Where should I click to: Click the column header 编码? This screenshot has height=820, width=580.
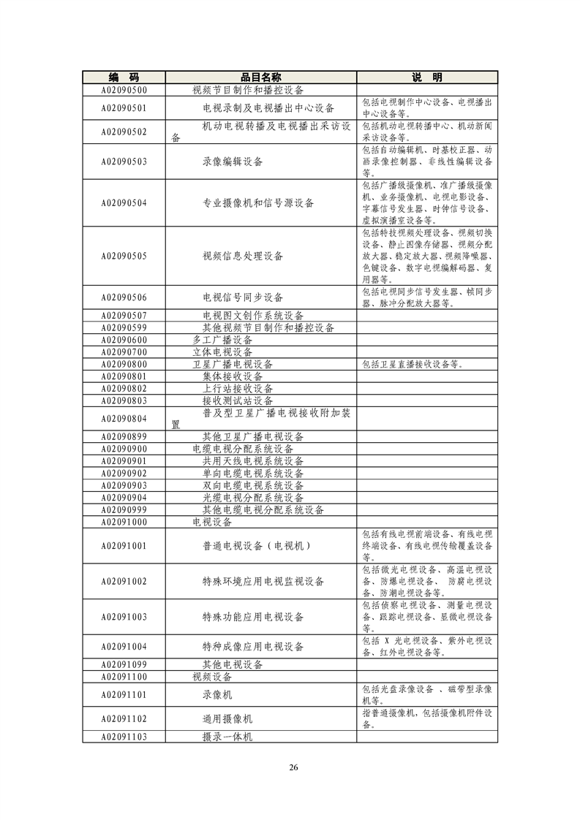(x=124, y=77)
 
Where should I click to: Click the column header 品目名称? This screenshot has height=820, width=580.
(x=261, y=77)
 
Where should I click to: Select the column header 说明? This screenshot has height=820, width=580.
(x=427, y=77)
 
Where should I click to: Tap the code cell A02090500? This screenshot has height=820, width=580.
(x=124, y=91)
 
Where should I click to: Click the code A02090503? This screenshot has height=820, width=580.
(x=124, y=162)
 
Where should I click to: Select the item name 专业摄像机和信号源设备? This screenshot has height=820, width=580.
(x=258, y=203)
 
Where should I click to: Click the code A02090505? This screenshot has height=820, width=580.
(x=124, y=257)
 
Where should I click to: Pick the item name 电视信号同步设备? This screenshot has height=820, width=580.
(x=243, y=297)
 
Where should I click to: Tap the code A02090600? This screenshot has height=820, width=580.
(x=124, y=341)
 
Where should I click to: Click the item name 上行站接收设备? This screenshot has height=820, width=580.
(x=238, y=389)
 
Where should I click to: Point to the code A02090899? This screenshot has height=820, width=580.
(x=124, y=437)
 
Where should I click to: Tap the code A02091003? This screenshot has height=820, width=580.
(x=124, y=617)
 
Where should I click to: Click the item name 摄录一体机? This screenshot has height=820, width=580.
(x=227, y=737)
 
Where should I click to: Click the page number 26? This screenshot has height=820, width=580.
(x=293, y=767)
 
